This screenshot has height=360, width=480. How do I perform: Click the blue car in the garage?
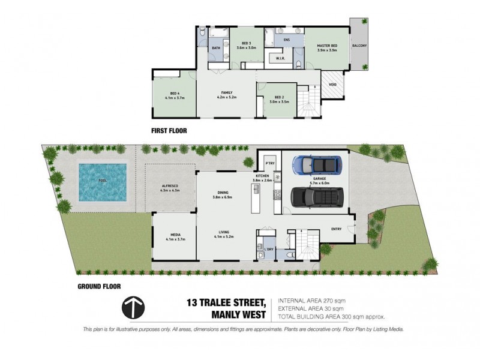click(316, 164)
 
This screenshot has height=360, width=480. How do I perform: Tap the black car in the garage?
click(317, 196)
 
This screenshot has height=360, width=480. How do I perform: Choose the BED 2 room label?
click(278, 97)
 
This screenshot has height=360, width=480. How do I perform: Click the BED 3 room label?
click(246, 44)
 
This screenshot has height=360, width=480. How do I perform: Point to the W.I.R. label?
click(279, 59)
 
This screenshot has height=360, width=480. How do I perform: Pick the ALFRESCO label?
click(170, 187)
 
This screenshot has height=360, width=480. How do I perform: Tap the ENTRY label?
click(337, 228)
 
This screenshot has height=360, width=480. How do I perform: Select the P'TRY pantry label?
click(269, 163)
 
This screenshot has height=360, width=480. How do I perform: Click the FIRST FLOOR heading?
click(170, 130)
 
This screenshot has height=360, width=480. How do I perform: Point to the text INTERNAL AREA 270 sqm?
click(311, 300)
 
